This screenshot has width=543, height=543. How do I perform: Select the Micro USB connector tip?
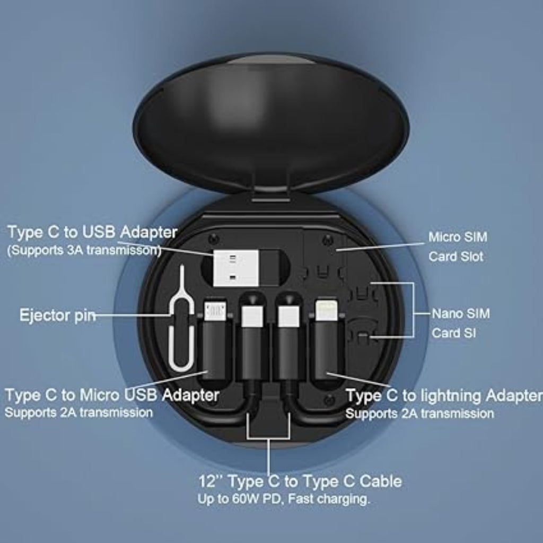[x=215, y=313]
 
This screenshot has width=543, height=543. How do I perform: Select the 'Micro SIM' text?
[x=458, y=237]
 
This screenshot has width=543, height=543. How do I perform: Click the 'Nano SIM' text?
[x=460, y=313]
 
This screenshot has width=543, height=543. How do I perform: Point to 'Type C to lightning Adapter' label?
[x=444, y=396]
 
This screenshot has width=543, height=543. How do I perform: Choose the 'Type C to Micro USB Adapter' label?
[x=112, y=395]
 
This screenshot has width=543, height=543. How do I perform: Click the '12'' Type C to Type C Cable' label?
[x=300, y=481]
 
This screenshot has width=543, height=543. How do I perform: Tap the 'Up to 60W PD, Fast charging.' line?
[x=284, y=499]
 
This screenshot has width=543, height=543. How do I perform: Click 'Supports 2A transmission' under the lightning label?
[x=419, y=413]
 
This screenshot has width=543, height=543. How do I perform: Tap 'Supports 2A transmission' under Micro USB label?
[x=78, y=412]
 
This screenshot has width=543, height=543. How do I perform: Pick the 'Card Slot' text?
[x=456, y=257]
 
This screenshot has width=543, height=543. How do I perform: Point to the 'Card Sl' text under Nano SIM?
[x=453, y=333]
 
